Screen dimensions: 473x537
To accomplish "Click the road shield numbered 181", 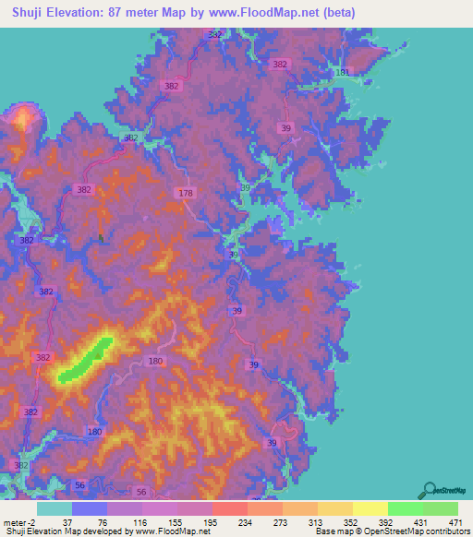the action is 344,72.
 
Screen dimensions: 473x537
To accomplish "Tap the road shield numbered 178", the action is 186,192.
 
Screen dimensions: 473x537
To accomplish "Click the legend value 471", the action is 455,522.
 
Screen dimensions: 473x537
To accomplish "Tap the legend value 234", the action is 246,522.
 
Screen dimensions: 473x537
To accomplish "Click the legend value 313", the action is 316,522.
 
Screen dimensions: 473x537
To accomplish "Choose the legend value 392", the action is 385,522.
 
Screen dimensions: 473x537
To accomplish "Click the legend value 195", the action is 211,522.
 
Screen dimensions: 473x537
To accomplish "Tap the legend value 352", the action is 350,522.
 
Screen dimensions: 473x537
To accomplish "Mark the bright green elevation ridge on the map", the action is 86,360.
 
